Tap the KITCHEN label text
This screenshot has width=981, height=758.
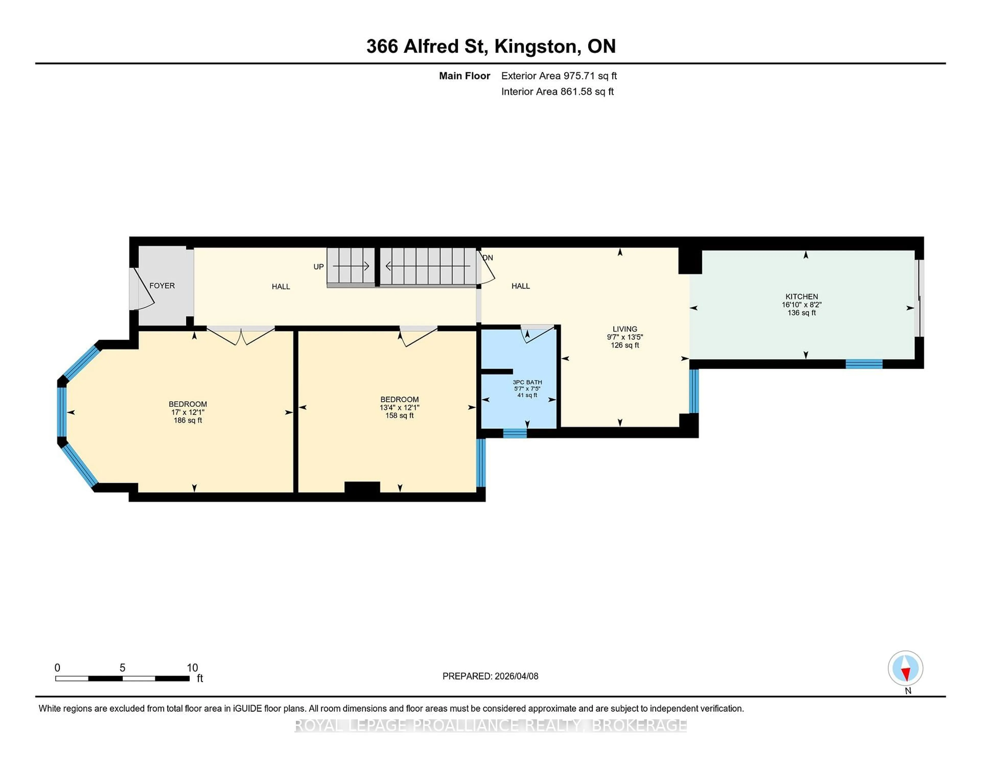(x=801, y=296)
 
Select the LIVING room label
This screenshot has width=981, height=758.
(x=624, y=329)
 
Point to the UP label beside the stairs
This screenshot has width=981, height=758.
(x=319, y=267)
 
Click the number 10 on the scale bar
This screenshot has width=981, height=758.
(x=192, y=668)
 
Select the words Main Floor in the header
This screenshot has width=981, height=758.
(x=464, y=76)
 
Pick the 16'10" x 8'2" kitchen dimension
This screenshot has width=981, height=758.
(x=801, y=304)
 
